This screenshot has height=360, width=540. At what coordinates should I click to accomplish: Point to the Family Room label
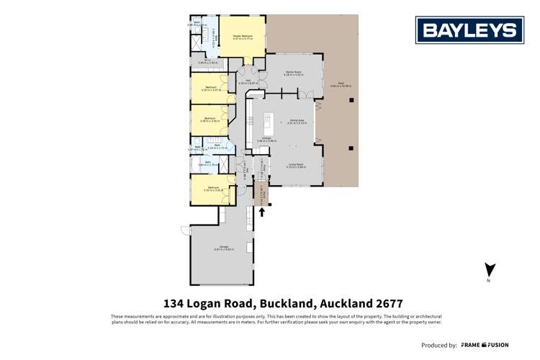[x=292, y=73]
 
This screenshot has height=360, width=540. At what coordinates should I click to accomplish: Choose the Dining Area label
[x=297, y=122]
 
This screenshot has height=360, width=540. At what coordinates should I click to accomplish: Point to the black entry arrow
[x=262, y=211]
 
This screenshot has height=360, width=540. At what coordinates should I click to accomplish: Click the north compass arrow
[x=489, y=271]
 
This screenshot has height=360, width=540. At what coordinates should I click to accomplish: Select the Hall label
[x=243, y=81]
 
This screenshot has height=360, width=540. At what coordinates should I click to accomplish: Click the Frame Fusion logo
[x=485, y=345]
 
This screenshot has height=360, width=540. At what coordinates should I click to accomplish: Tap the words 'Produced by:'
[x=438, y=346]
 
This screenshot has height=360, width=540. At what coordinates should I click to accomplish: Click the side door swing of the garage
[x=186, y=233]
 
